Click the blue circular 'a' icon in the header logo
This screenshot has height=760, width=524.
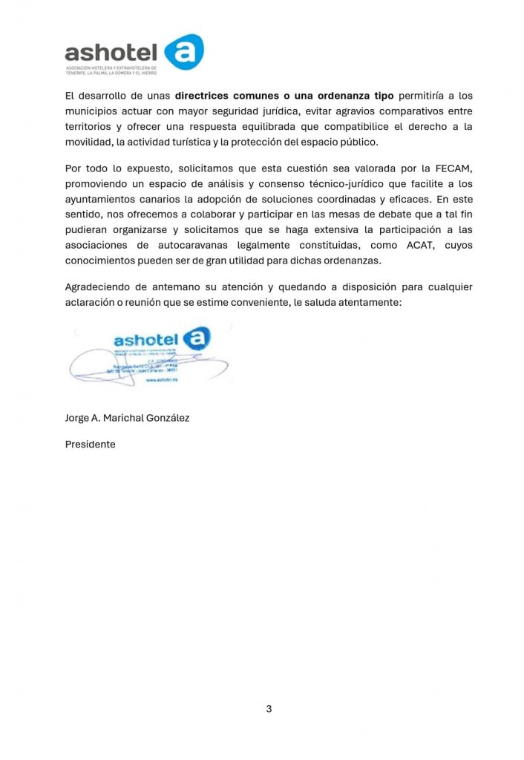[x=183, y=52]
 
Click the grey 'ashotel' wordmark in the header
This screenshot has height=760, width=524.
[x=111, y=51]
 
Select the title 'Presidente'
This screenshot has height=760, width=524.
[x=91, y=445]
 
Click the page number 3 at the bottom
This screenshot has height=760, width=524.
[x=269, y=709]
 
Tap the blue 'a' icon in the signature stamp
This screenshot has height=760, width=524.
[x=196, y=338]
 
